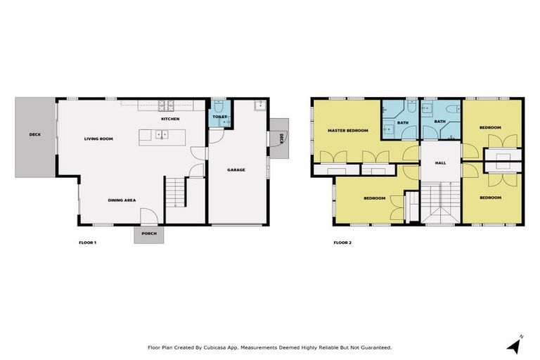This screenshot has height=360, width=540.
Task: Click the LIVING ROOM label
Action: click(98, 139)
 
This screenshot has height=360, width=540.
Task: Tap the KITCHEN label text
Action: click(170, 119)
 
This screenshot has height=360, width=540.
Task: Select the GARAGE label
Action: click(236, 169)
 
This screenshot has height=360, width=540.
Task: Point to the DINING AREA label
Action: click(122, 200)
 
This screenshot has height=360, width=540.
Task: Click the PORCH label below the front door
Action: click(148, 233)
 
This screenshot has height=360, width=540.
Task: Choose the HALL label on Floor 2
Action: click(440, 162)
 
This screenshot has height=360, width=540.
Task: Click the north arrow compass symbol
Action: click(515, 345)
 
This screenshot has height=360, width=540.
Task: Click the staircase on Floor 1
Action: click(174, 191)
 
